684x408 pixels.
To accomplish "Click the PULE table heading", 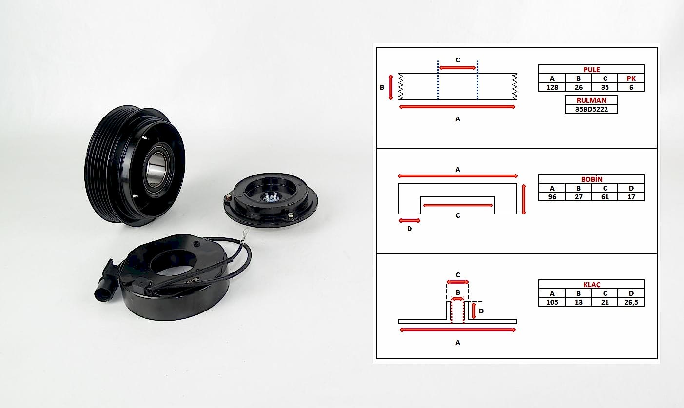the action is tap(591, 70).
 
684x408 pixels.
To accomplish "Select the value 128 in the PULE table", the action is tap(552, 87).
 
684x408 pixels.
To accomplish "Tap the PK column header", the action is tap(631, 78).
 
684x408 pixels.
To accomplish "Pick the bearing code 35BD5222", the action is tap(591, 109).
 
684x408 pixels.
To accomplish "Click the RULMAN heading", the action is tap(591, 100).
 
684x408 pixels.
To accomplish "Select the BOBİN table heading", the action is tap(591, 179).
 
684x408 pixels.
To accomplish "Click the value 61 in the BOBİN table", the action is tap(605, 197).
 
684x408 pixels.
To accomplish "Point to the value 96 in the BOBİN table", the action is tap(552, 197).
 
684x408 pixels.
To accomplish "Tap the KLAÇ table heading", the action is tap(592, 285).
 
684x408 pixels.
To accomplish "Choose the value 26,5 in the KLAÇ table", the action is tap(631, 302).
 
